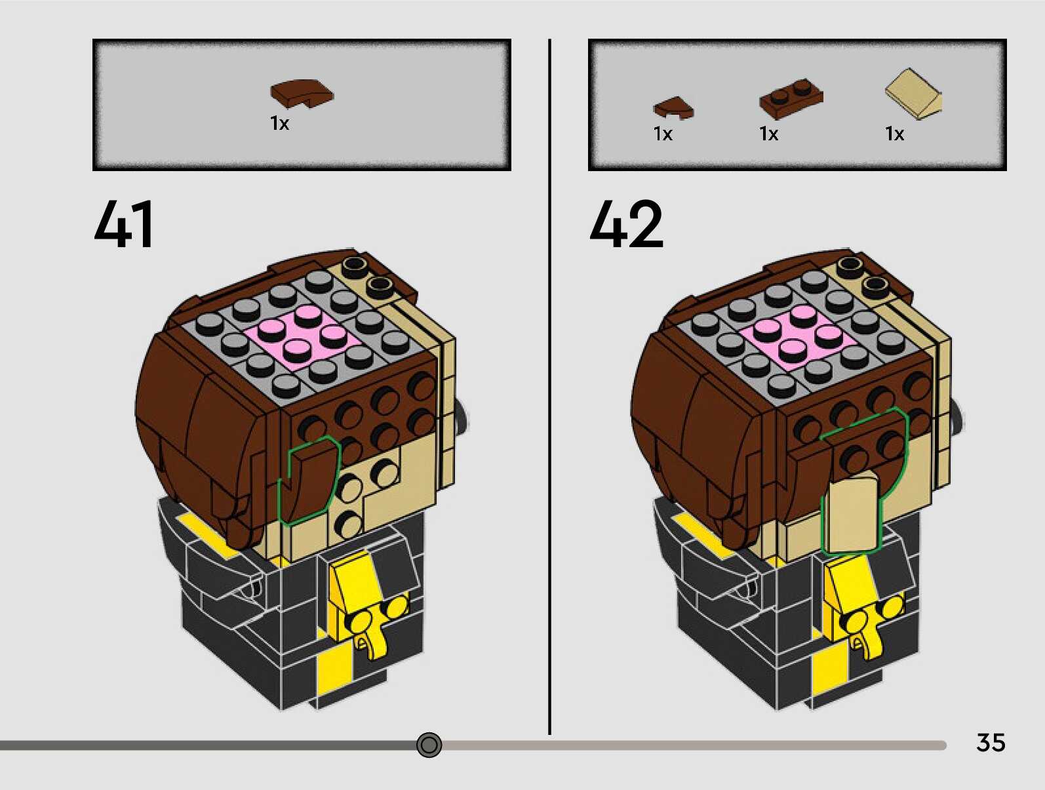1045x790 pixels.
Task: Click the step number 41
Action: pos(124,224)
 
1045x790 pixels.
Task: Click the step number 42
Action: pos(626,224)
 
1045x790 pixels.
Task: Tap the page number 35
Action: pos(990,742)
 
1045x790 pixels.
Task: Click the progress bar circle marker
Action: pos(429,745)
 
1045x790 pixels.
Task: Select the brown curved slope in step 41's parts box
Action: pos(301,93)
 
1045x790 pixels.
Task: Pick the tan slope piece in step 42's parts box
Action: pos(913,94)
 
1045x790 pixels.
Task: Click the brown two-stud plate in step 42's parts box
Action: pos(791,98)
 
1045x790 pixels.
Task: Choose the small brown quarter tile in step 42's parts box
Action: pos(673,108)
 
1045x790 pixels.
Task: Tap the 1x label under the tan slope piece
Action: pos(894,134)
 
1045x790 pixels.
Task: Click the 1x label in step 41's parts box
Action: pos(279,123)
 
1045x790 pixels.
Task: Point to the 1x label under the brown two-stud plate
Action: pos(768,134)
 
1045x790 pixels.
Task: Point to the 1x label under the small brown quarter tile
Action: pos(663,134)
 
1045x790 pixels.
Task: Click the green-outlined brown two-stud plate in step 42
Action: pos(865,443)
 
